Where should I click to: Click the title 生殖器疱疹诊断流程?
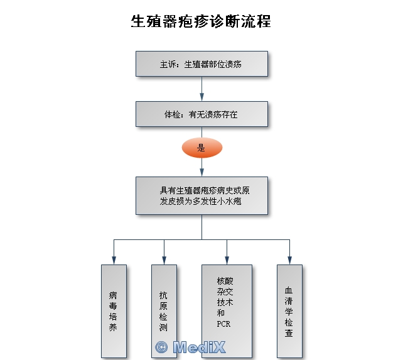(x=201, y=21)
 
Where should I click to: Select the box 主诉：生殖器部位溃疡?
(x=201, y=64)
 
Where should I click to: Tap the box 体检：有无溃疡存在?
(x=201, y=115)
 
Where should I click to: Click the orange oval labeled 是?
(x=201, y=148)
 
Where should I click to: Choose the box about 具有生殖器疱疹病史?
(x=201, y=195)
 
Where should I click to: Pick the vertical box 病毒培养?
(x=114, y=310)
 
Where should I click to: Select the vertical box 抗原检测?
(x=164, y=310)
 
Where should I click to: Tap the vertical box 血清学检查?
(x=289, y=310)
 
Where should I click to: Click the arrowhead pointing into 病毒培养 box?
(x=114, y=260)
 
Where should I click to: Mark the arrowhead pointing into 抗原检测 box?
(x=164, y=260)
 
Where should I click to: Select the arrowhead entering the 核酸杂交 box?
(x=227, y=260)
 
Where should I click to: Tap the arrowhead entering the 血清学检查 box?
(x=289, y=260)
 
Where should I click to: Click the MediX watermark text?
(x=198, y=346)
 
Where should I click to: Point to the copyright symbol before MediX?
(x=161, y=346)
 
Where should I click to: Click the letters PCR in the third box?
(x=224, y=324)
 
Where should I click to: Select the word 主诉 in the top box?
(x=166, y=64)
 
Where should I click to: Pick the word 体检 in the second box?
(x=171, y=115)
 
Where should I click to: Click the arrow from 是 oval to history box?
(x=201, y=167)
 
